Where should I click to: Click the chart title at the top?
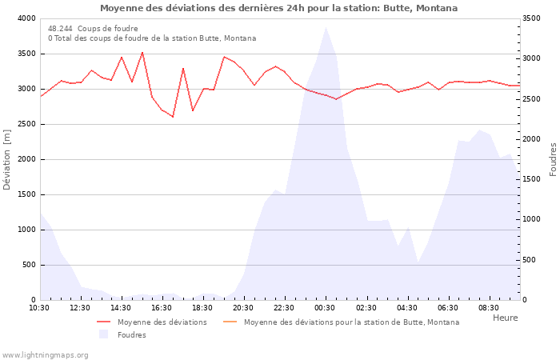(279, 8)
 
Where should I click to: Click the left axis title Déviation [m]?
(7, 160)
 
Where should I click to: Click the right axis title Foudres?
(553, 159)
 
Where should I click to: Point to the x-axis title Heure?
(505, 318)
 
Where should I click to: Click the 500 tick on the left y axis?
(29, 265)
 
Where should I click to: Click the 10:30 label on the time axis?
(39, 308)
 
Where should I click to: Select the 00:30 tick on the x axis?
(325, 308)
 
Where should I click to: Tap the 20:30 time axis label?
(243, 308)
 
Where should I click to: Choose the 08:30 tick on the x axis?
(488, 308)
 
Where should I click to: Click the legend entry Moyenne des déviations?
(162, 322)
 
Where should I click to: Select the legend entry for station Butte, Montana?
(351, 322)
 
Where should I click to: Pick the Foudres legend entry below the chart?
(131, 335)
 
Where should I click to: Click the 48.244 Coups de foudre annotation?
(93, 29)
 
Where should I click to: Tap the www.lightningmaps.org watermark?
(45, 354)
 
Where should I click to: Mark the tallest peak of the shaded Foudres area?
(325, 28)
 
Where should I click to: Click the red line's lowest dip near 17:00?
(173, 117)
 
